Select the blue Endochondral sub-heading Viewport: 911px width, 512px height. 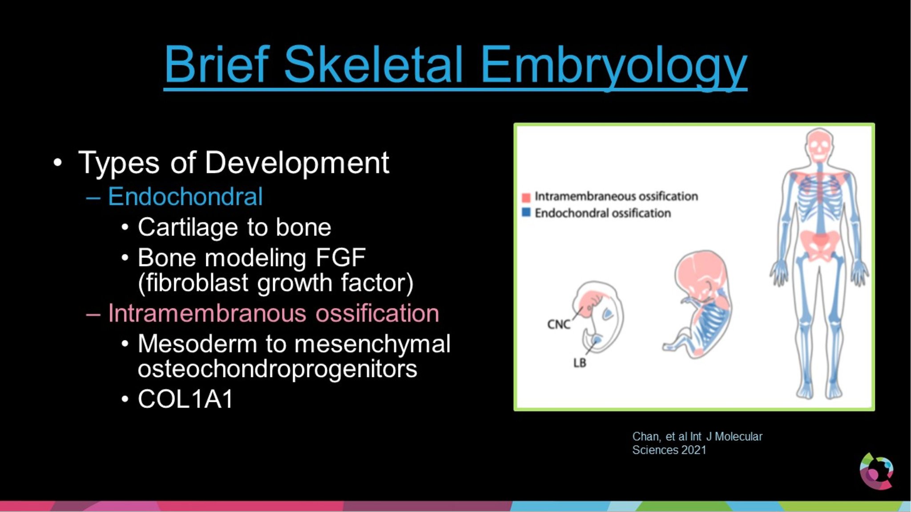pyautogui.click(x=185, y=196)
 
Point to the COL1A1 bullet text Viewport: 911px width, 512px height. pyautogui.click(x=185, y=399)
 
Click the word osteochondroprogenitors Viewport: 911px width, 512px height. pyautogui.click(x=277, y=368)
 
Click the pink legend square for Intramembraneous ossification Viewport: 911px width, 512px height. pyautogui.click(x=526, y=197)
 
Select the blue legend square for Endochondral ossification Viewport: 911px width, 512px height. pyautogui.click(x=526, y=212)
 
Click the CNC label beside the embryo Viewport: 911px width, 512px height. pyautogui.click(x=558, y=324)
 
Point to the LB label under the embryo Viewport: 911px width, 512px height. pyautogui.click(x=579, y=363)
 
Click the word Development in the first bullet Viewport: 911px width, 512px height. pyautogui.click(x=297, y=163)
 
